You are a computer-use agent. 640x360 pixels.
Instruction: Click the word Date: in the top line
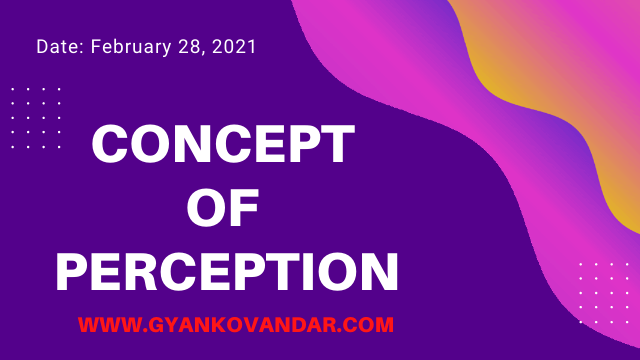pyautogui.click(x=59, y=47)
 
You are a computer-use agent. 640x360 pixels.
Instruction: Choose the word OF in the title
pyautogui.click(x=224, y=207)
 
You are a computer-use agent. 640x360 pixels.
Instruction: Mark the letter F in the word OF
pyautogui.click(x=245, y=207)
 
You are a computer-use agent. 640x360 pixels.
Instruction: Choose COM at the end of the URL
pyautogui.click(x=370, y=325)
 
